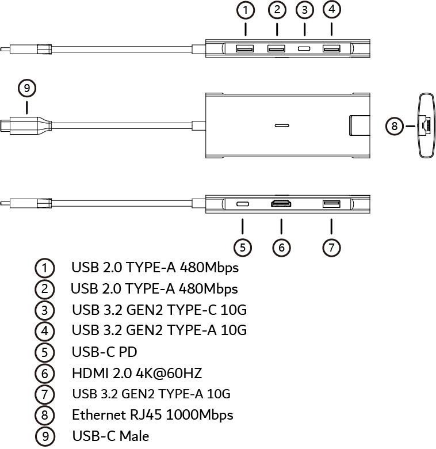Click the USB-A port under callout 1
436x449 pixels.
click(244, 48)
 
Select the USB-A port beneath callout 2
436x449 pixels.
click(276, 48)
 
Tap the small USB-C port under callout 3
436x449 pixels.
click(304, 49)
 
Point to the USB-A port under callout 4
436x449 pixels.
click(331, 48)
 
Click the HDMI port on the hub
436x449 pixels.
click(281, 204)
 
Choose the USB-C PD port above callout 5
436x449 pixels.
click(243, 204)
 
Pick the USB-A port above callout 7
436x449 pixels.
click(331, 204)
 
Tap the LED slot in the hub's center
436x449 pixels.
click(282, 125)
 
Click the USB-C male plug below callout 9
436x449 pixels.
click(26, 125)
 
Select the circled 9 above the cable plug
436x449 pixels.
click(27, 88)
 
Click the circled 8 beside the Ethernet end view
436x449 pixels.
click(395, 126)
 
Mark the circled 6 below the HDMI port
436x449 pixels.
click(281, 248)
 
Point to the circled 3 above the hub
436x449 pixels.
click(305, 10)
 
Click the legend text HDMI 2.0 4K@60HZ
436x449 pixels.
click(137, 374)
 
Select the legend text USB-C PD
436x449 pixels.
click(105, 352)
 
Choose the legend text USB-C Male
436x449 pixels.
click(110, 436)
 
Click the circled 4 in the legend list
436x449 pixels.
click(45, 332)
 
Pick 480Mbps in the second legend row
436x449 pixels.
click(208, 288)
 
